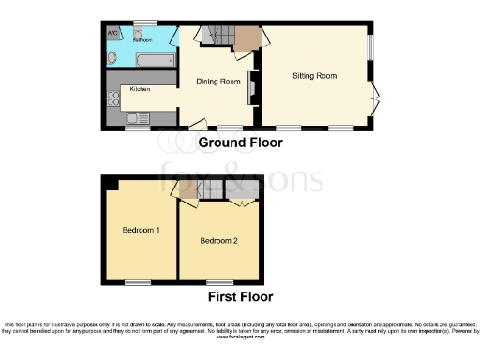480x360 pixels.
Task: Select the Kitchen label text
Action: click(x=140, y=89)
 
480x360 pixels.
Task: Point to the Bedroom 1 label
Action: click(x=141, y=230)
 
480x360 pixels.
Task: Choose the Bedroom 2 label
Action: click(x=218, y=241)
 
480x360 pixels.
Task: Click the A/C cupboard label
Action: click(x=113, y=34)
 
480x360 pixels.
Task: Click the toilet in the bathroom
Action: click(x=112, y=58)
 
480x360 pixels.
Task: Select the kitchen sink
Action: click(x=137, y=117)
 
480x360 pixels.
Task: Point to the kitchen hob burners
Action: click(x=113, y=105)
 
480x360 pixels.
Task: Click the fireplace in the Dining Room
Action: click(x=250, y=89)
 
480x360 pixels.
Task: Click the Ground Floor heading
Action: click(x=239, y=142)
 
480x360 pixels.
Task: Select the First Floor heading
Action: click(x=239, y=297)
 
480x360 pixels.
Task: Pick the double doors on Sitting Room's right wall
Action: click(x=374, y=96)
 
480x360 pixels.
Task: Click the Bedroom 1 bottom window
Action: click(x=139, y=281)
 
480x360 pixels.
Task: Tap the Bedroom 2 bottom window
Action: click(x=219, y=281)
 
